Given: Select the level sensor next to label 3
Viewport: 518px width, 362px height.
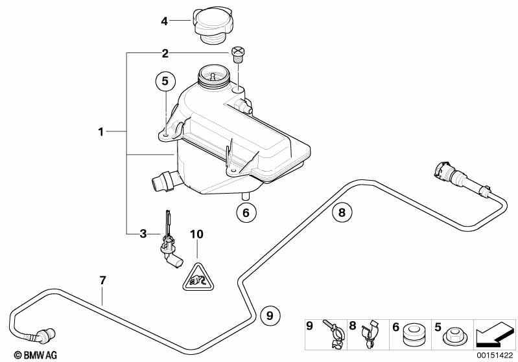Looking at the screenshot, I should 171,245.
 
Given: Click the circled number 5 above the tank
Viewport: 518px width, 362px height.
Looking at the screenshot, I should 165,82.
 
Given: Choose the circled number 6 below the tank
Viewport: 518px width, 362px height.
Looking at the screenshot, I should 245,212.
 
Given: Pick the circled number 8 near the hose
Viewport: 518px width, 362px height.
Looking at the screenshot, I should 342,211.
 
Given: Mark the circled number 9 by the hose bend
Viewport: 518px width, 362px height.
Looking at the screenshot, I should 270,315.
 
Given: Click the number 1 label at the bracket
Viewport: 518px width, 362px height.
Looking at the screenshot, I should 101,132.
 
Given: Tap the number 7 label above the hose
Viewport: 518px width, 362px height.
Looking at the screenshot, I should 102,280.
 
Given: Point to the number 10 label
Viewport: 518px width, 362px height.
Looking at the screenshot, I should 196,233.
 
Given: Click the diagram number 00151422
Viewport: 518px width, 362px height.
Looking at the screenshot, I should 495,356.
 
